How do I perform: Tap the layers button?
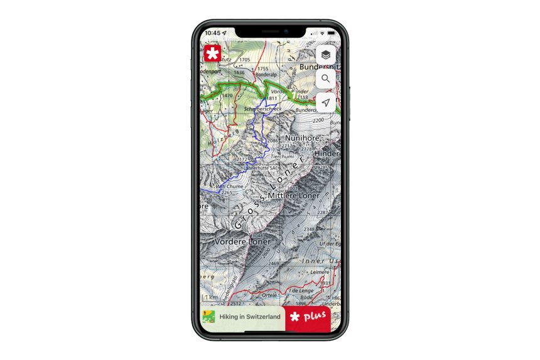pos(325,55)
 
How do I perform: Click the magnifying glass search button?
pos(325,79)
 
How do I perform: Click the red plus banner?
pos(308,317)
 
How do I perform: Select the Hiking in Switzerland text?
pos(250,317)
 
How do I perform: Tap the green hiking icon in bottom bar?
pos(208,317)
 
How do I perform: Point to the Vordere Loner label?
pos(242,241)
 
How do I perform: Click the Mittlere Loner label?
pos(293,195)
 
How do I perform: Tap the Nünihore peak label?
pos(303,138)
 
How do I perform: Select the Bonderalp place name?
pos(266,75)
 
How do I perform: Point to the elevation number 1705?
pos(244,60)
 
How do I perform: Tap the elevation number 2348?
pos(310,230)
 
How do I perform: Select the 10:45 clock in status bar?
pos(212,33)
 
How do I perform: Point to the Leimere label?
pos(320,272)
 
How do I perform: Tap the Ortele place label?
pos(269,295)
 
